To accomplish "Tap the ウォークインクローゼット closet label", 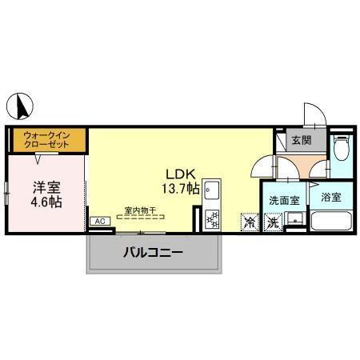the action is (x=46, y=140).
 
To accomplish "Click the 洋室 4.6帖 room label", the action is (x=46, y=194).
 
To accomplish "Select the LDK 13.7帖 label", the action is (x=181, y=182).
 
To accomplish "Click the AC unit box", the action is (x=100, y=221).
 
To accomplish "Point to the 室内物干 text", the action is (x=140, y=210).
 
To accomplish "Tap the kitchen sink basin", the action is (x=212, y=190).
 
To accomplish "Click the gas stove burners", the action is (x=212, y=219).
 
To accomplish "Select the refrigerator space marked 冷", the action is (x=250, y=222).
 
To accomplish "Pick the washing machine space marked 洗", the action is (x=273, y=222).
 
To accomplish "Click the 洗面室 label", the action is (x=284, y=201).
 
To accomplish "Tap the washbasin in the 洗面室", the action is (x=294, y=218).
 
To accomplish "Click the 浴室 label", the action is (x=331, y=198).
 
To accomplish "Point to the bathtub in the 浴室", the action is (x=331, y=221).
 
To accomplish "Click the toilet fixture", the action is (x=342, y=148).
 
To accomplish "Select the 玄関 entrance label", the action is (x=302, y=140).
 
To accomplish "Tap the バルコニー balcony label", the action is (x=153, y=252).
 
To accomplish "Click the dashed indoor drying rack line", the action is (x=140, y=217).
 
